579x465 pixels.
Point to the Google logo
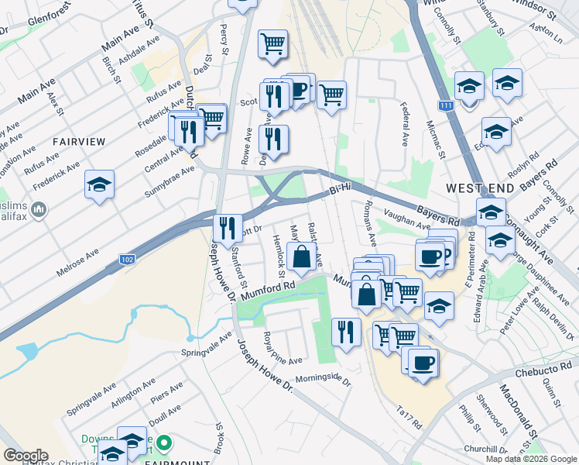point(26,456)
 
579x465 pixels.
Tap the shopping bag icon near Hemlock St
point(301,255)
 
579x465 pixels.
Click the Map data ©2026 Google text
point(530,459)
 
